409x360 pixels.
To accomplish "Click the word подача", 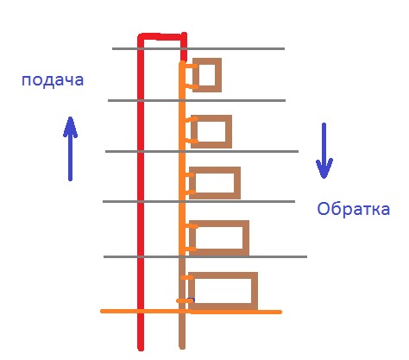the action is pos(53,80).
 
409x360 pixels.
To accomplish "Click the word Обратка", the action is pos(354,209).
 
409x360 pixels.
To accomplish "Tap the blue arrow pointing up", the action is pos(70,148).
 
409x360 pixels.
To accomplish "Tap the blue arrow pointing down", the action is pos(324,151).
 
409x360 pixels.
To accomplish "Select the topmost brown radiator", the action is pos(218,75).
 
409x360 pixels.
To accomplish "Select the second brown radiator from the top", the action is pos(229,131).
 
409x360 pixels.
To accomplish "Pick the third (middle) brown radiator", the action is pos(237,183).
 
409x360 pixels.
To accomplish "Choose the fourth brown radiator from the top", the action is pos(246,237).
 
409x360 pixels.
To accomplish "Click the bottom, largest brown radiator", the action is pos(255,291).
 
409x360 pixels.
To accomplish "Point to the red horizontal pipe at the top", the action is pos(162,37).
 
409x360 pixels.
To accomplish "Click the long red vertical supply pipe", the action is pos(141,193).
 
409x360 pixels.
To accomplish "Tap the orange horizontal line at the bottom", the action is pos(191,312).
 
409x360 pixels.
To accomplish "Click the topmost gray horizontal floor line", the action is pos(198,48).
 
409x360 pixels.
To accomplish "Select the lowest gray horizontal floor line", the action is pos(205,256).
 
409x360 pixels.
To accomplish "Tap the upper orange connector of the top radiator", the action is pos(191,66).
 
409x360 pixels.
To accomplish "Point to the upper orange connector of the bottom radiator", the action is pos(187,278).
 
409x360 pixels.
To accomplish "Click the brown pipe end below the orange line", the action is pos(182,331).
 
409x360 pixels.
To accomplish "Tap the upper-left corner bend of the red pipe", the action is pos(141,37).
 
